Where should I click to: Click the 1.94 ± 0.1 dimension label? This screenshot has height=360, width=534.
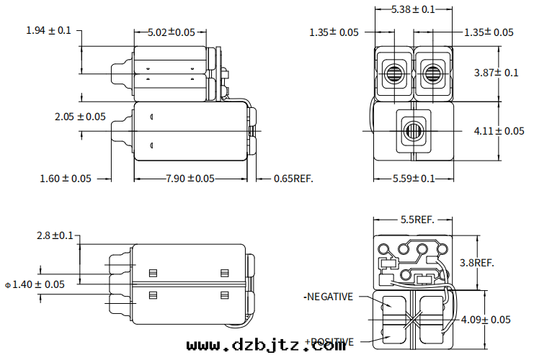tap(48, 30)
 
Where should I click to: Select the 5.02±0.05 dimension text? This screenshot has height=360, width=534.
tap(171, 32)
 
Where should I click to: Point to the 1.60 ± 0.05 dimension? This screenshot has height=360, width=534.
tap(66, 179)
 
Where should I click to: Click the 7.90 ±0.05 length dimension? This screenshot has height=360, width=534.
tap(190, 179)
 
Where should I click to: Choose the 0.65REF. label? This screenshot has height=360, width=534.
tap(293, 179)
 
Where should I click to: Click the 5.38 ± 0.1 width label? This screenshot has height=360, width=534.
tap(413, 9)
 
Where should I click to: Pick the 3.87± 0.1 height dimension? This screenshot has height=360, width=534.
tap(497, 73)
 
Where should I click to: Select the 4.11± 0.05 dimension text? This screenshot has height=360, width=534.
tap(499, 131)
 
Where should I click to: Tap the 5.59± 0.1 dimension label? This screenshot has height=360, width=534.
tap(414, 179)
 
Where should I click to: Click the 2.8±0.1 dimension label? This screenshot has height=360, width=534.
tap(55, 235)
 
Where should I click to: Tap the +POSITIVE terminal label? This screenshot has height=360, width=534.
tap(329, 341)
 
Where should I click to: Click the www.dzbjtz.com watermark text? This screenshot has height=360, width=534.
tap(267, 346)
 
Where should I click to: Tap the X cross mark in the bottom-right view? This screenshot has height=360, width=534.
tap(413, 319)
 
